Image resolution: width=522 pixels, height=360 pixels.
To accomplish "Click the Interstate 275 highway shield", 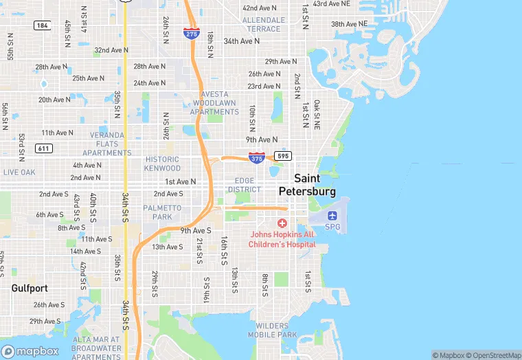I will [x=192, y=32].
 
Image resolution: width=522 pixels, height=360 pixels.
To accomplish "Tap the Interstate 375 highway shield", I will [x=257, y=157].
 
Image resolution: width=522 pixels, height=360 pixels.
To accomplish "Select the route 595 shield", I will [x=282, y=156].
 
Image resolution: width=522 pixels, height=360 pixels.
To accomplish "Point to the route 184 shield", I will [x=42, y=25].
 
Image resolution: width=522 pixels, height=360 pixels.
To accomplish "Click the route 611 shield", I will [x=43, y=148].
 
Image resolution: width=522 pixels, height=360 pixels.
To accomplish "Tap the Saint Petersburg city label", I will [x=307, y=184].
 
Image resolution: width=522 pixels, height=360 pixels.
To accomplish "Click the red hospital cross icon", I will [x=282, y=223].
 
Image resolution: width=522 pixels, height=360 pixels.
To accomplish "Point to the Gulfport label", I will [x=30, y=289].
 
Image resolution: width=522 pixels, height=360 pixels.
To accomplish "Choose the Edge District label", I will [x=245, y=185].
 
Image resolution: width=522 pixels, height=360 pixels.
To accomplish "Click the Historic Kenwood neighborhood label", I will [x=163, y=164].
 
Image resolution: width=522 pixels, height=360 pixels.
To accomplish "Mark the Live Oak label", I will [x=19, y=172].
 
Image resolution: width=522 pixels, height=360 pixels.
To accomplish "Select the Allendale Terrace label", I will [x=263, y=25].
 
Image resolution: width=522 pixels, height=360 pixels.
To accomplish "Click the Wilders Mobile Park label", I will [x=276, y=330].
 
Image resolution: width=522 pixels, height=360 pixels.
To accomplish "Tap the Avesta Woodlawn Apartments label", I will [x=215, y=103].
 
